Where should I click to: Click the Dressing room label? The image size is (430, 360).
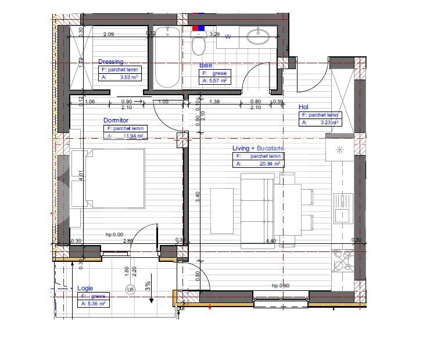click(x=110, y=62)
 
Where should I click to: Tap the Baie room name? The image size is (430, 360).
click(x=205, y=66)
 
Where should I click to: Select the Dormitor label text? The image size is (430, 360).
click(x=115, y=120)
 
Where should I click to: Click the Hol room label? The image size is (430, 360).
click(x=303, y=107)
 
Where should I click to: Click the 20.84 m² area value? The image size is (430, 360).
click(x=270, y=164)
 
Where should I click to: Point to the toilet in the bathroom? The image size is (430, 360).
click(x=198, y=42)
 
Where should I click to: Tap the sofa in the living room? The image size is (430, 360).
click(x=256, y=210)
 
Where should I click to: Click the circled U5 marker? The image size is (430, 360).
click(x=130, y=289)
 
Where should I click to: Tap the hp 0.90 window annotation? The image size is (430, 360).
click(x=281, y=286)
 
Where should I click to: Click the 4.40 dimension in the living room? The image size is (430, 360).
click(x=270, y=241)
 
